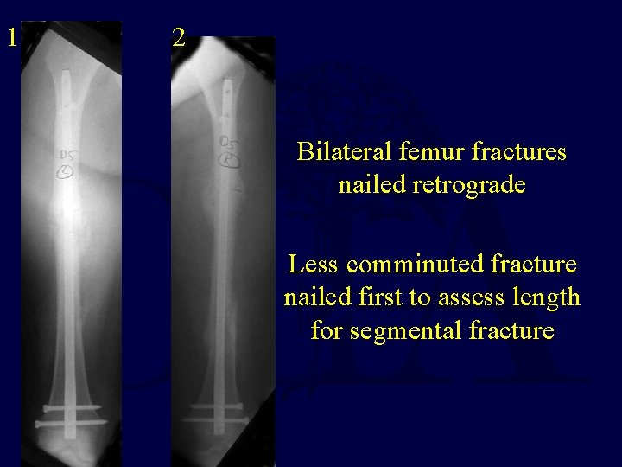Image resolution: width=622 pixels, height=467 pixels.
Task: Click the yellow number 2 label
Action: coord(178,37)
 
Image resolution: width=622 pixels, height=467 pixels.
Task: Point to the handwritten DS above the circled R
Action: coord(230,142)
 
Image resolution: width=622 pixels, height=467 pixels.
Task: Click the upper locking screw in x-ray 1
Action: coord(69,406)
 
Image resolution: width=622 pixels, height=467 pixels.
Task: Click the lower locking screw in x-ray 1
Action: coord(69,423)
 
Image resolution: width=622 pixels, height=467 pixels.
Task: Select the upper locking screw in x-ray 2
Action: coord(226,404)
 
